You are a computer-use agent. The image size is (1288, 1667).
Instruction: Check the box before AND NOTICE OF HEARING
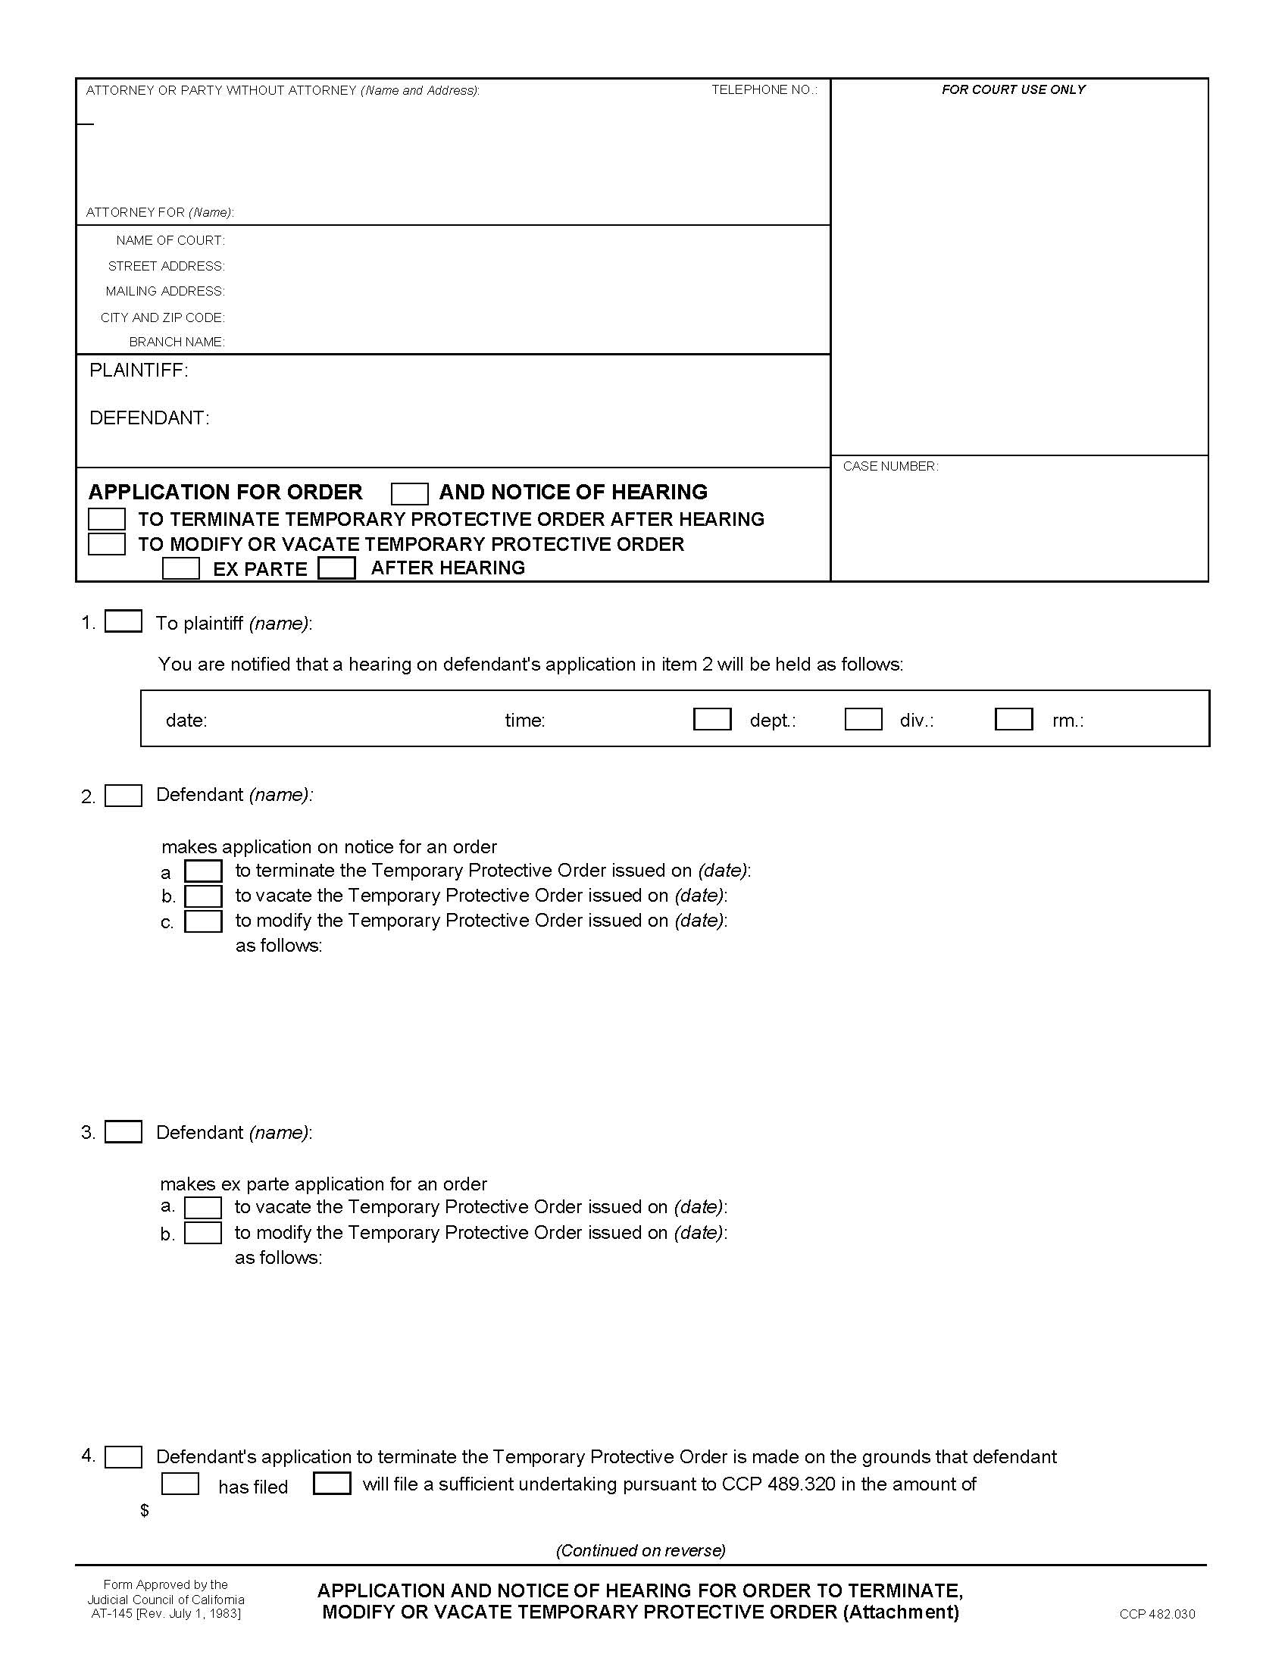(x=409, y=494)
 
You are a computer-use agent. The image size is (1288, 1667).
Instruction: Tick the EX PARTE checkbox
(x=181, y=568)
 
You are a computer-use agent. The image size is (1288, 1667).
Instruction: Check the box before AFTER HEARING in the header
(x=336, y=568)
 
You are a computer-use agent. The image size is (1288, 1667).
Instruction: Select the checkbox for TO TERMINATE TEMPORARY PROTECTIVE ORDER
(x=107, y=519)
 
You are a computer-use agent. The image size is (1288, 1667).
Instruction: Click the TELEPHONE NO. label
(x=764, y=90)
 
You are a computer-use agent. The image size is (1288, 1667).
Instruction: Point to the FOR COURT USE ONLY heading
(x=1012, y=90)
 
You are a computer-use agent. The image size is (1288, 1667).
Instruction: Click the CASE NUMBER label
(x=889, y=466)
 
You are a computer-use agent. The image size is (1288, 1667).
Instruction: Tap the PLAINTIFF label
(x=138, y=371)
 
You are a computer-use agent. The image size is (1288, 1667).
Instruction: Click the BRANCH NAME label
(x=177, y=342)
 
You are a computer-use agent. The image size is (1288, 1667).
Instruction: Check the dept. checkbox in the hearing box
(x=712, y=719)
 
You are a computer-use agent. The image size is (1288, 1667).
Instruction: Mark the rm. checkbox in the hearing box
(x=1013, y=719)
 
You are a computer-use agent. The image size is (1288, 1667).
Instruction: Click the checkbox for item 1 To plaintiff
(x=123, y=621)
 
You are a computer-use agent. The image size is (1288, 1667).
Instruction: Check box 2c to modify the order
(x=203, y=921)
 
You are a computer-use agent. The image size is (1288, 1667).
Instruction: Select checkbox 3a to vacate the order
(x=203, y=1208)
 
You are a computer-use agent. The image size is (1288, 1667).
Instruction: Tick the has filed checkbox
(x=180, y=1484)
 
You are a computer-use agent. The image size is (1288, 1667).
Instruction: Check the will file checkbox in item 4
(x=332, y=1483)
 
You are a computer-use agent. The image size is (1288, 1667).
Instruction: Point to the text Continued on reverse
(x=640, y=1550)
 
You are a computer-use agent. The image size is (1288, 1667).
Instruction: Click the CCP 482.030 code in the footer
(x=1157, y=1613)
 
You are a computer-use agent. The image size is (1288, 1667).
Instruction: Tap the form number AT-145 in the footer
(x=111, y=1613)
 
